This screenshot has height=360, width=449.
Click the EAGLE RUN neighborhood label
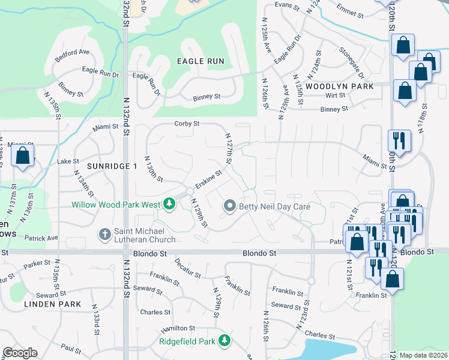point(200,61)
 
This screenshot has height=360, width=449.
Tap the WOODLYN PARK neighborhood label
point(339,86)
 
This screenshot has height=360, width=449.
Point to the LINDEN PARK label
point(52,304)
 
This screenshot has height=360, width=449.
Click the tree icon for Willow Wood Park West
point(170,205)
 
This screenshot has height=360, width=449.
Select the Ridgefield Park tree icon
point(224,341)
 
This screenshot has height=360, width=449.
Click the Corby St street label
point(186,124)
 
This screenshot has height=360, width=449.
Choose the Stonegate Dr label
point(352,62)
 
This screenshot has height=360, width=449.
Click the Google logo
point(20,353)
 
